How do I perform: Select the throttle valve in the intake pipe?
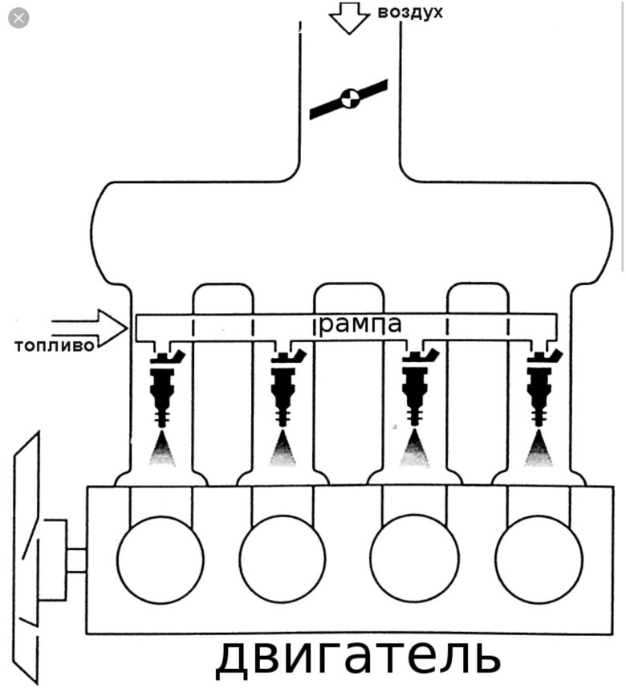(348, 99)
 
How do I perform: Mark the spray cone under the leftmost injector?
(161, 450)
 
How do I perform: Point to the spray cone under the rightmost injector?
(537, 450)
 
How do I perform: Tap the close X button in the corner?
(18, 18)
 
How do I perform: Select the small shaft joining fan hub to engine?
(76, 560)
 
